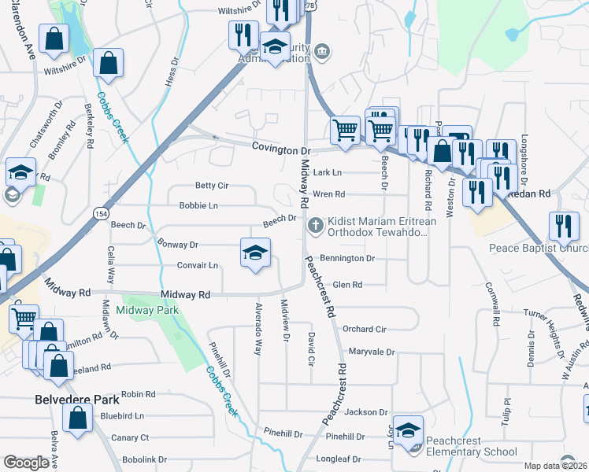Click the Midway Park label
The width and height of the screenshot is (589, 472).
point(147,311)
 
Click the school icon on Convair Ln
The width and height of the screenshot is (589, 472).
point(254,253)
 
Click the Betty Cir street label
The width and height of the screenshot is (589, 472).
point(211,186)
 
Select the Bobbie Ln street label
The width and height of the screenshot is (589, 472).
point(198,205)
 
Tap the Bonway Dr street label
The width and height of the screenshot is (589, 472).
point(177,245)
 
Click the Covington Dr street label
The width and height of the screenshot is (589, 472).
point(282,149)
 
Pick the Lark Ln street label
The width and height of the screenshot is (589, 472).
point(328,172)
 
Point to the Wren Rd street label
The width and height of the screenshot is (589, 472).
point(329,194)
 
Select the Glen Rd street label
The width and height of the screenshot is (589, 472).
point(347,285)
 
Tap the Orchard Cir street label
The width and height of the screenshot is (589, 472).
point(364,329)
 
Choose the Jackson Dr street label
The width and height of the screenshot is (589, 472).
point(366,411)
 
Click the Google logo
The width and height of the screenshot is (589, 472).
point(26,463)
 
